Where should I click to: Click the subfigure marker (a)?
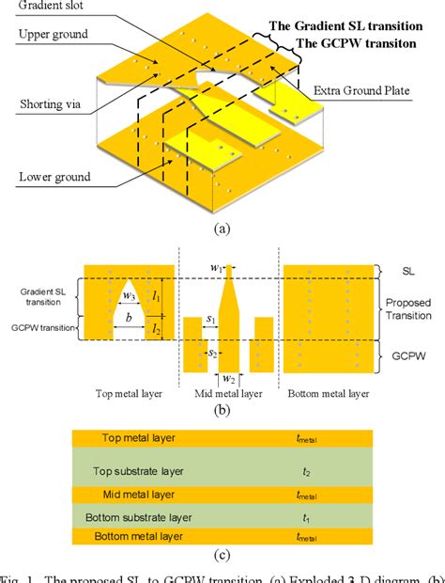click(x=222, y=228)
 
